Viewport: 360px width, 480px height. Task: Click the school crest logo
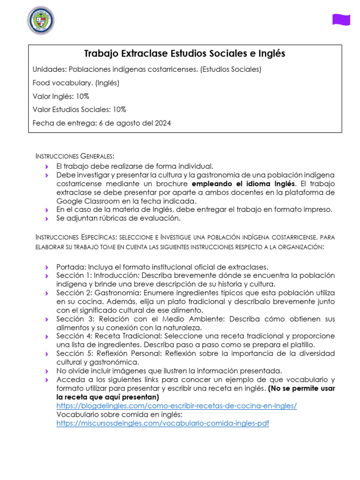41,20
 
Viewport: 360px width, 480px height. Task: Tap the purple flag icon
341,19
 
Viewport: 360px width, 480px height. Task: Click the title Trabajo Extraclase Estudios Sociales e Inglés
185,54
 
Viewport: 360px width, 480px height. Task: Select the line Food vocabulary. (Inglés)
76,83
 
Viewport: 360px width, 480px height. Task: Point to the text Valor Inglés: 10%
61,97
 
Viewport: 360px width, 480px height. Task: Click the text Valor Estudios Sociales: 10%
79,110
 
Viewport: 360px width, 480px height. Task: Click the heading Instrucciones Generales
75,156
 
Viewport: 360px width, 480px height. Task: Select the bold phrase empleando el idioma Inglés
244,183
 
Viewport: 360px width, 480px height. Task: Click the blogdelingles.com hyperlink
177,405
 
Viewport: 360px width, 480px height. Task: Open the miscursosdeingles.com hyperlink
163,423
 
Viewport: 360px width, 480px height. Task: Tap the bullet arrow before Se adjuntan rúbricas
47,218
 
